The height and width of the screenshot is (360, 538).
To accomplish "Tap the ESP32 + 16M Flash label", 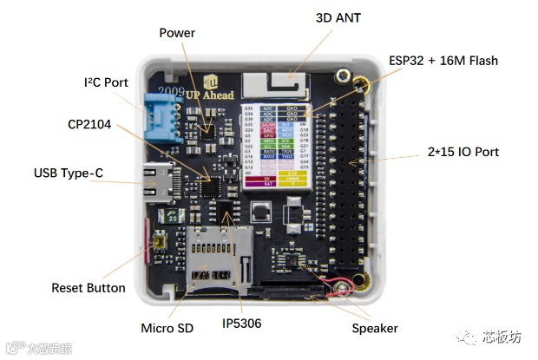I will point(443,61).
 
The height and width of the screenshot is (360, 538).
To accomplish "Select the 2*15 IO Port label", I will point(463,152).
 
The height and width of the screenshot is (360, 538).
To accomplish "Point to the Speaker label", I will point(375,328).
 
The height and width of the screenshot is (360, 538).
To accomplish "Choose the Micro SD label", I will point(167,328).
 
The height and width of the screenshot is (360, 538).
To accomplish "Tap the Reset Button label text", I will point(89,287).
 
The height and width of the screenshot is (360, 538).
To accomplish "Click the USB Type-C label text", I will point(69,173).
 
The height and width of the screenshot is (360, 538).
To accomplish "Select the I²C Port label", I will point(107,82).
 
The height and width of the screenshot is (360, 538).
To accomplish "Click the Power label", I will point(177,33).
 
